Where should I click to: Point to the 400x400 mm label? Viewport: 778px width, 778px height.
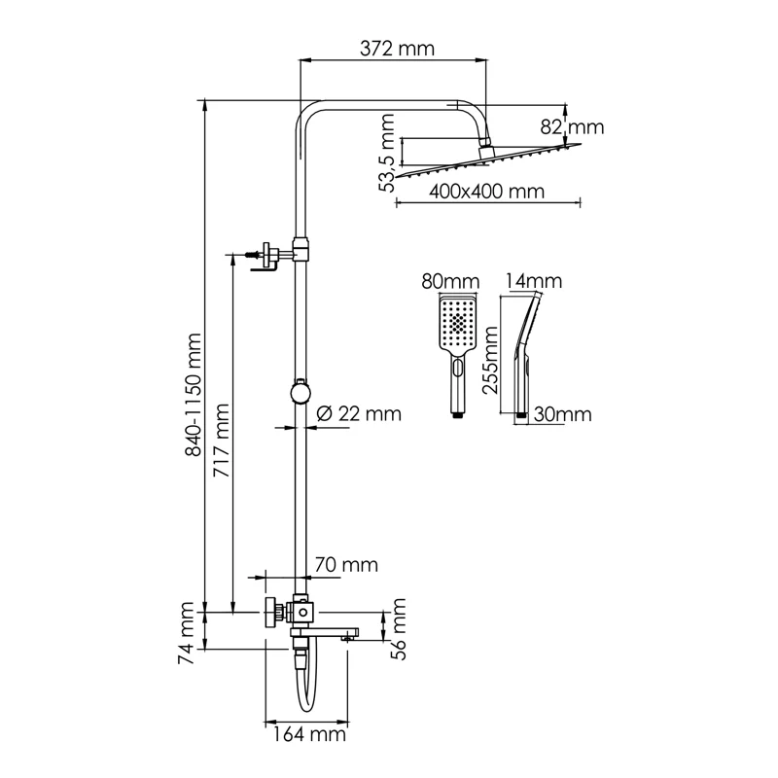473,191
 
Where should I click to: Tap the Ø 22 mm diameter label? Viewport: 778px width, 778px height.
359,413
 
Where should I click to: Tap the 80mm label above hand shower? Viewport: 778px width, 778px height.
450,281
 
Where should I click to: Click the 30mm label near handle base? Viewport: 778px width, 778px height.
563,414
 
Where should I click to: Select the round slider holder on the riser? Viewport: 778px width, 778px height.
301,392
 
